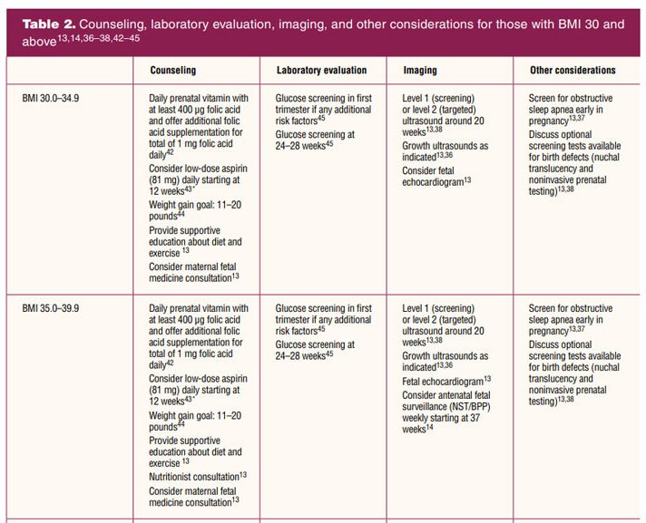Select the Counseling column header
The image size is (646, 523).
point(172,70)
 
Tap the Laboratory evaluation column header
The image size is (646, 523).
point(321,70)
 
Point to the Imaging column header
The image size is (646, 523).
point(420,70)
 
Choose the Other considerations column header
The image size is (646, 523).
point(573,70)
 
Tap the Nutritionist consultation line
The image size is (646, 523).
point(198,475)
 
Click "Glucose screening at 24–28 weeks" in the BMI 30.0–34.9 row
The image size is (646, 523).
point(315,139)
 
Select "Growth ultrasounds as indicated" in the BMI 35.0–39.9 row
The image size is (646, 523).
point(445,362)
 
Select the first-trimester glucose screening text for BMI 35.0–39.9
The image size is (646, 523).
point(324,314)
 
